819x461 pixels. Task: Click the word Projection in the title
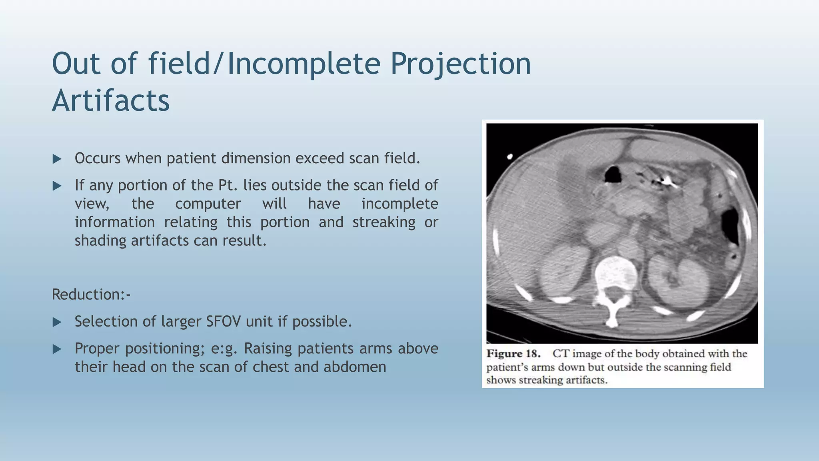click(x=460, y=64)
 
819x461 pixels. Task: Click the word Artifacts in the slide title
click(x=111, y=101)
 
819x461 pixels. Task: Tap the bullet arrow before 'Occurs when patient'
click(x=57, y=159)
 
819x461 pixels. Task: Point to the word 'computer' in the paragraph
click(x=208, y=204)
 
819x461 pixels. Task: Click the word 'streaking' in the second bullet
click(x=384, y=222)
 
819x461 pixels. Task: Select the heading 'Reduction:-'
click(x=91, y=295)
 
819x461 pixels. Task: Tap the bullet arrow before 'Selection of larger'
click(x=57, y=322)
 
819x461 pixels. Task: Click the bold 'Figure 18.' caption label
click(x=513, y=354)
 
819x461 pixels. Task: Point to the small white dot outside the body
click(x=510, y=156)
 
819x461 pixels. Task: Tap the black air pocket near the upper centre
click(x=613, y=174)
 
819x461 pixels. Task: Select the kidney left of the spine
click(x=563, y=272)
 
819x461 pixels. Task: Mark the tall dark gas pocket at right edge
click(x=731, y=226)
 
